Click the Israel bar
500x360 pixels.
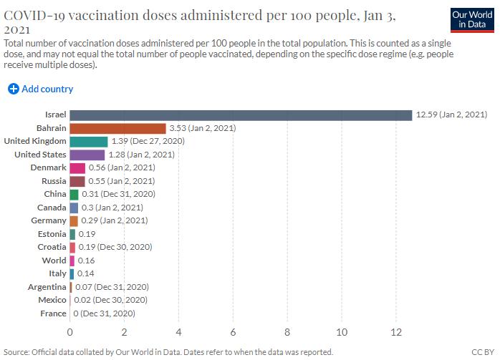pos(241,115)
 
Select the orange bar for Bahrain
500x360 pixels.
pos(117,129)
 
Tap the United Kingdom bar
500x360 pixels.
pos(89,142)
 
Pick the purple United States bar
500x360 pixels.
pos(87,155)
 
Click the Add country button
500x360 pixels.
pos(41,89)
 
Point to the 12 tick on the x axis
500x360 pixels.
pos(396,332)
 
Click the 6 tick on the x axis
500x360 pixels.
pos(233,332)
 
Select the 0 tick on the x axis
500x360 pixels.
pos(70,332)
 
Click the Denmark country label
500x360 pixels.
pos(49,168)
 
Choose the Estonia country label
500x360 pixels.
pos(52,234)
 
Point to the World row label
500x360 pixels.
pos(54,261)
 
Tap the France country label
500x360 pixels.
pos(53,313)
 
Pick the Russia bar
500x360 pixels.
pos(77,181)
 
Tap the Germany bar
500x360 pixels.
pos(74,221)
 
